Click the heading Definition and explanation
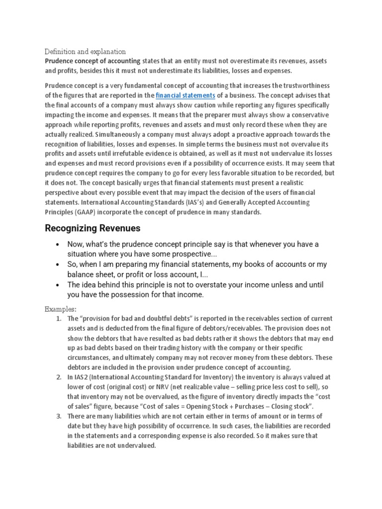click(x=85, y=51)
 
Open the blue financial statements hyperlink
click(x=185, y=95)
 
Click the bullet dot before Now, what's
click(x=58, y=245)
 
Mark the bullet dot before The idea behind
click(x=58, y=285)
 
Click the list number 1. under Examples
click(x=59, y=318)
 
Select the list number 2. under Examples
click(x=59, y=377)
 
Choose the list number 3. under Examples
click(x=59, y=416)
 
